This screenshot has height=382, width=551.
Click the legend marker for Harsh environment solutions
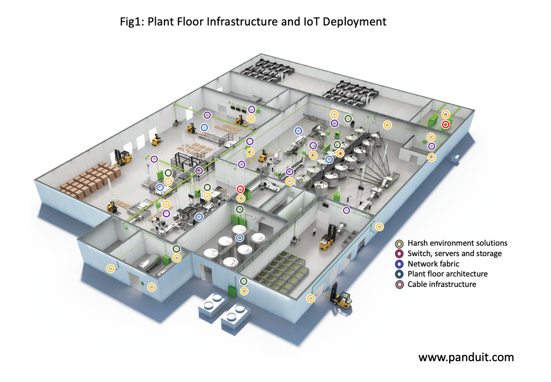click(400, 243)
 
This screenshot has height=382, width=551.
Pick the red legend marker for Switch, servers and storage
click(400, 254)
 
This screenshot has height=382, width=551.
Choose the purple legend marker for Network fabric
click(400, 264)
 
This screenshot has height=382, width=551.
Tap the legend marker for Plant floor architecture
click(400, 274)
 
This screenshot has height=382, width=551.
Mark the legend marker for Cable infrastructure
click(400, 285)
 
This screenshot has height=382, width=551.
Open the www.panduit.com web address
click(466, 357)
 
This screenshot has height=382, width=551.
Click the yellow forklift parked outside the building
click(341, 297)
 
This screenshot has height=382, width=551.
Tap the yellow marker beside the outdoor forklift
click(310, 298)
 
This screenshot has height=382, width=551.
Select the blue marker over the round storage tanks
click(240, 237)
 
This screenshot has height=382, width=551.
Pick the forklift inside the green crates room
click(327, 238)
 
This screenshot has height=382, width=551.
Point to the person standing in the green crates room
click(314, 231)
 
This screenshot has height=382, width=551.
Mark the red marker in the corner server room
click(445, 125)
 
